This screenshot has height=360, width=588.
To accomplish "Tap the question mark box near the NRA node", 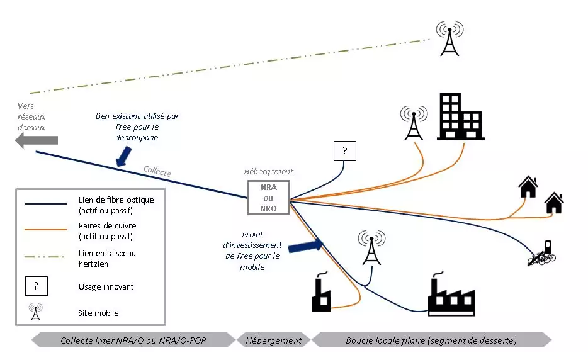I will [x=344, y=151].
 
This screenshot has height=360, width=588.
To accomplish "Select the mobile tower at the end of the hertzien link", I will [x=449, y=38].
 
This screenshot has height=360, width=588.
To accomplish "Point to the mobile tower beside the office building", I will [x=413, y=122].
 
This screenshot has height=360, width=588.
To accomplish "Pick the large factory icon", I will [x=450, y=295].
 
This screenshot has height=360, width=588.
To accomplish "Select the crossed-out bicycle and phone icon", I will [x=543, y=253].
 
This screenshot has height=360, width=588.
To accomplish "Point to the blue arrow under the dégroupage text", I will [x=123, y=157].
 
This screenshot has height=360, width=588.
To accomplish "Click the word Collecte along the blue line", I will [x=157, y=171].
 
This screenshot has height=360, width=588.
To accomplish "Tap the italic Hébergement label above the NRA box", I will [x=269, y=171].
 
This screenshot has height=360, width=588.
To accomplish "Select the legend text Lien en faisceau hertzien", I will [x=107, y=258].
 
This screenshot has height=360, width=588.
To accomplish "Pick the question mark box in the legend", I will [x=36, y=286].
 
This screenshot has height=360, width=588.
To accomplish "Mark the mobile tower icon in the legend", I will [x=36, y=312].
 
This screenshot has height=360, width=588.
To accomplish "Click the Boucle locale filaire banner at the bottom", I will [x=431, y=340].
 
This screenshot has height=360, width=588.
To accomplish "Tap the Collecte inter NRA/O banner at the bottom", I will [x=132, y=340].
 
